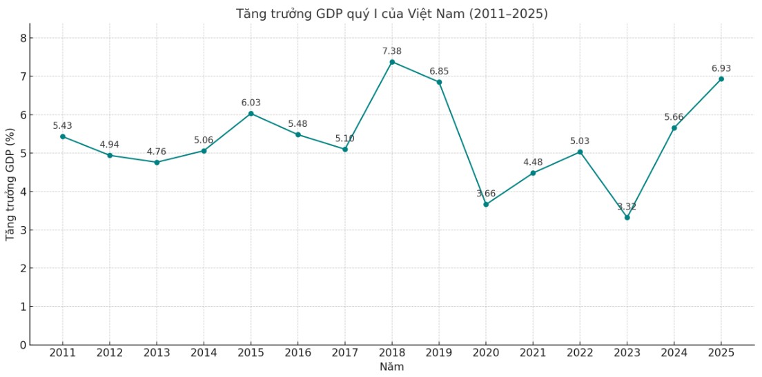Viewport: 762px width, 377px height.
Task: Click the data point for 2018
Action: tap(392, 62)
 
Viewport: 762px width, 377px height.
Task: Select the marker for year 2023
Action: tap(627, 217)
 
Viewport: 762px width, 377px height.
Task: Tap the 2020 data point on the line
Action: tap(486, 204)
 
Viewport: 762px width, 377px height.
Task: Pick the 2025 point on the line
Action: tap(721, 79)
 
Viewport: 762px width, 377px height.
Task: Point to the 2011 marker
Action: tap(63, 136)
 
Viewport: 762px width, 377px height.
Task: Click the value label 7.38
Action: tap(392, 51)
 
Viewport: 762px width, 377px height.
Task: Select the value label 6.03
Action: tap(251, 103)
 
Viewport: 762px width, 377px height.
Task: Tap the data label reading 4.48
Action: tap(533, 162)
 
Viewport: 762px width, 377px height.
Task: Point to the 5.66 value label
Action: tap(674, 117)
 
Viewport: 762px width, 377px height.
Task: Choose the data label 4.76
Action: tap(157, 152)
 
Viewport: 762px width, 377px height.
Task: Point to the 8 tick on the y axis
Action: tap(23, 38)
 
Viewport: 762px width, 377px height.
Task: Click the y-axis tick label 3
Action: tap(23, 230)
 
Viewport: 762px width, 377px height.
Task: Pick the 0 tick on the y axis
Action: tap(23, 345)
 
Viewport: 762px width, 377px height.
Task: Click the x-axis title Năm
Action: tap(391, 367)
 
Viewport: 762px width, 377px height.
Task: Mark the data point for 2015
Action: tap(251, 113)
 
